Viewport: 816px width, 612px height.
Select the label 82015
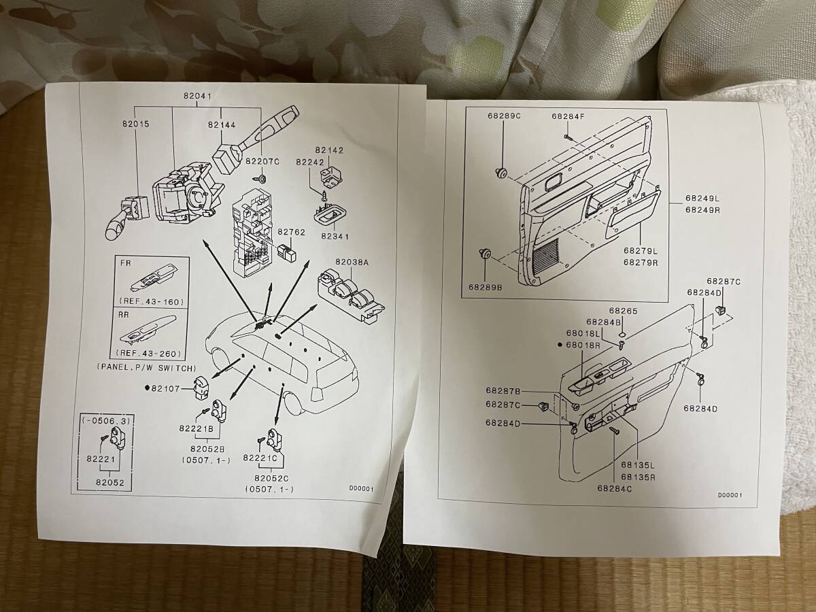[136, 124]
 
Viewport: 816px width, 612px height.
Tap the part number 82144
[222, 125]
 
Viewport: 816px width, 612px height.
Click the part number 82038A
[351, 262]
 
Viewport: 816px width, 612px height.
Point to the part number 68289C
[503, 116]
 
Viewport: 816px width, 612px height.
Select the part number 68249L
[702, 199]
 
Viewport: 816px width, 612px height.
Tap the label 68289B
[484, 288]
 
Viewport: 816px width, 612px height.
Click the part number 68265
[623, 311]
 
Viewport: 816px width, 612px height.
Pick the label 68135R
[636, 477]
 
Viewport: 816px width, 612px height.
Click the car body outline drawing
[286, 360]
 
